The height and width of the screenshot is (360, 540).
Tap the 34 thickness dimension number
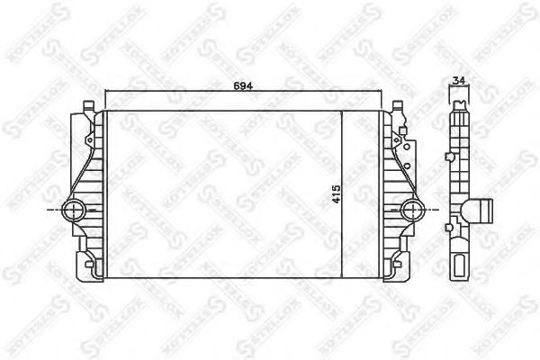(x=459, y=82)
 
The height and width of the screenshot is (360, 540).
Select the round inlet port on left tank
(x=76, y=211)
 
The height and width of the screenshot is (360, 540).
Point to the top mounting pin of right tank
(x=397, y=107)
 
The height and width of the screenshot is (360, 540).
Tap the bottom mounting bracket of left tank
(x=89, y=268)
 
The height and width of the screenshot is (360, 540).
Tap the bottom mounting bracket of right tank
(x=396, y=268)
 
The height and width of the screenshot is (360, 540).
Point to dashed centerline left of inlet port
(x=51, y=211)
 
